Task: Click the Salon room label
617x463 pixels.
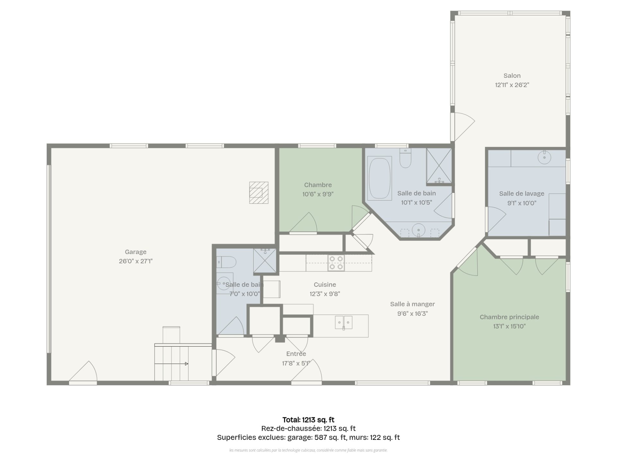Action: coord(512,76)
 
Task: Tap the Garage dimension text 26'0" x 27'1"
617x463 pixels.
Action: coord(136,261)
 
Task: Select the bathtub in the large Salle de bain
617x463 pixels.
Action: coord(380,178)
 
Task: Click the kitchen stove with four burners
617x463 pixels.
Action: coord(336,263)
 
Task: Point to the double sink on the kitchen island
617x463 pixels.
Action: coord(344,322)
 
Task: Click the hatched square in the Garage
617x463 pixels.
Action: coord(259,193)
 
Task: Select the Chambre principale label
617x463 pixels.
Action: coord(509,317)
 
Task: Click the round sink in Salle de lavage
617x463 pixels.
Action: coord(544,158)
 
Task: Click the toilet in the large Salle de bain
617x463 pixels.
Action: coord(406,158)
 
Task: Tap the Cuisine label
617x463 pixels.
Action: coord(325,285)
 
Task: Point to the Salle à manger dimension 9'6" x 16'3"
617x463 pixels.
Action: coord(413,313)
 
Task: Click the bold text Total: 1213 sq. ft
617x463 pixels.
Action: coord(308,420)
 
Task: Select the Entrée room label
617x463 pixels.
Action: coord(296,354)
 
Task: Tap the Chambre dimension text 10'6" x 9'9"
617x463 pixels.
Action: coord(318,194)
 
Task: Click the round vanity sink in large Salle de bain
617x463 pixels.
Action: coord(419,230)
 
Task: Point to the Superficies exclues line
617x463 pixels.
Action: coord(308,437)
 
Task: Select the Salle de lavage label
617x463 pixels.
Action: coord(522,194)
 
